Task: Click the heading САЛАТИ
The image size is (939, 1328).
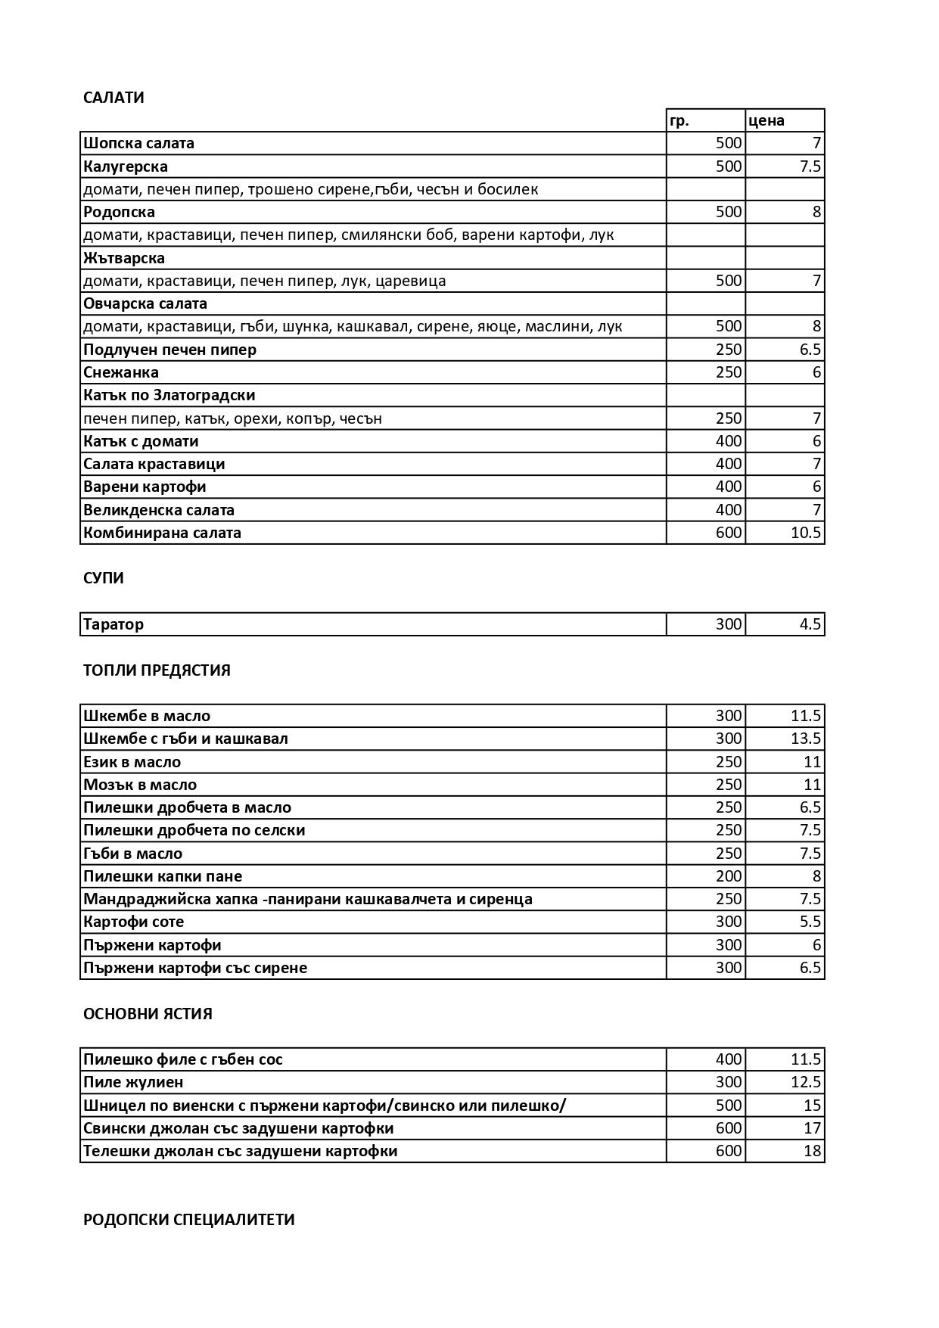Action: (x=113, y=98)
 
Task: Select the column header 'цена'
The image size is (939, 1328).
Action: (x=766, y=120)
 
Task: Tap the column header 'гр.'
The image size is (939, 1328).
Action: (x=679, y=120)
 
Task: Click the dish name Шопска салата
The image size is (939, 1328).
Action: (x=138, y=143)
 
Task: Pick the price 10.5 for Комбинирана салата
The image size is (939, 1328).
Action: (x=805, y=533)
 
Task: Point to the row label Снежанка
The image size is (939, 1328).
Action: (x=121, y=372)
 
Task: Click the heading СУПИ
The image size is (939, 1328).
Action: (x=104, y=578)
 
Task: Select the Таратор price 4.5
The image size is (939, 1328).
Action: (x=810, y=625)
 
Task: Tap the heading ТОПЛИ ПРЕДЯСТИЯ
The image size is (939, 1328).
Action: (x=157, y=670)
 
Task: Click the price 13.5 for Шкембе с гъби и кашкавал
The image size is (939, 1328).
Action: (x=805, y=739)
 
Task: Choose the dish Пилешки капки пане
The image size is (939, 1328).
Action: (x=163, y=876)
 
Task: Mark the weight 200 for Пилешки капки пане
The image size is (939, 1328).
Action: (x=729, y=876)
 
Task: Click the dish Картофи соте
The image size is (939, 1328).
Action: (x=133, y=922)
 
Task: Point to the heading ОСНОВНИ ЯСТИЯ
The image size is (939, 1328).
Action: (x=148, y=1014)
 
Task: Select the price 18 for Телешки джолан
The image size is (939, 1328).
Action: (x=812, y=1151)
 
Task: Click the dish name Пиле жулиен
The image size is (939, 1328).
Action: (x=133, y=1082)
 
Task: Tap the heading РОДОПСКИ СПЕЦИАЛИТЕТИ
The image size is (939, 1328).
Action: (x=188, y=1220)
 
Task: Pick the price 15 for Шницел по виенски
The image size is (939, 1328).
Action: (x=812, y=1106)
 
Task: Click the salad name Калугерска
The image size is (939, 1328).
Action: (x=126, y=166)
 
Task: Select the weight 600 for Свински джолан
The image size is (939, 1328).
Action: (x=729, y=1128)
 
